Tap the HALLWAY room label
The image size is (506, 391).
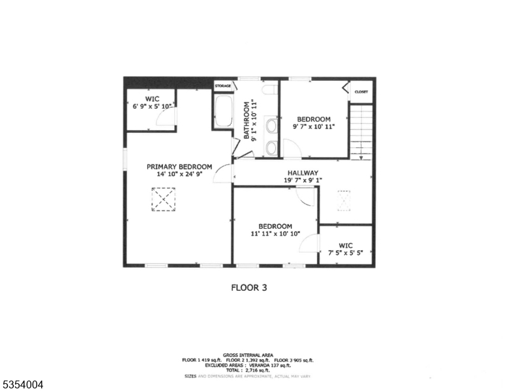[x=301, y=173]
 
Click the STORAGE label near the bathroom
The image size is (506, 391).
[x=223, y=85]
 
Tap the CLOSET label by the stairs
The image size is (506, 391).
[x=361, y=92]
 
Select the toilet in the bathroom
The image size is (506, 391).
[x=271, y=91]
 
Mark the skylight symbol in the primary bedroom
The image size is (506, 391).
[x=164, y=199]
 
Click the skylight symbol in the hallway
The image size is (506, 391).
[x=344, y=201]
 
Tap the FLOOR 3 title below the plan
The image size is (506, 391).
[x=249, y=287]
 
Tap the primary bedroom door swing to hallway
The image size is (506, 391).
[x=224, y=174]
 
